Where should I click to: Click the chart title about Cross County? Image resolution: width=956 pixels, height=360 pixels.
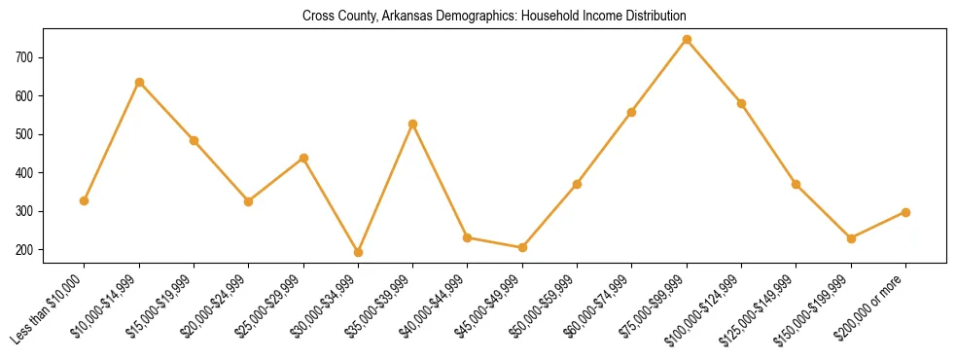pyautogui.click(x=494, y=16)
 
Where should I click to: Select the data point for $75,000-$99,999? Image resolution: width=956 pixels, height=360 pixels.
pyautogui.click(x=687, y=40)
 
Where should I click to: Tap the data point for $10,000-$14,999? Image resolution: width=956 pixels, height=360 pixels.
pyautogui.click(x=139, y=83)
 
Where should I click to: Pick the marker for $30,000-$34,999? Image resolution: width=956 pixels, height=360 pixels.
pyautogui.click(x=358, y=253)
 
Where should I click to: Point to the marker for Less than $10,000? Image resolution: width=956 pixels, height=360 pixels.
pyautogui.click(x=85, y=200)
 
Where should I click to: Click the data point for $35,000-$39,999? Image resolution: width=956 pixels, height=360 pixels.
pyautogui.click(x=412, y=124)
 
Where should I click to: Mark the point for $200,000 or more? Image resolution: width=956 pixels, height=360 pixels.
pyautogui.click(x=905, y=212)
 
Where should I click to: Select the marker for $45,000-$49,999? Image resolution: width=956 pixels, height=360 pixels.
pyautogui.click(x=522, y=247)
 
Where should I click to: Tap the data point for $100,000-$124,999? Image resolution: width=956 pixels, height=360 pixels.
pyautogui.click(x=741, y=103)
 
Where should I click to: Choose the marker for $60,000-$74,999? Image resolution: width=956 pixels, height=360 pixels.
pyautogui.click(x=632, y=112)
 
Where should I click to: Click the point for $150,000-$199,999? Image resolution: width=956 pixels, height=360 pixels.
pyautogui.click(x=851, y=238)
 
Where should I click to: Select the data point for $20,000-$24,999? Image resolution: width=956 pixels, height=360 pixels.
pyautogui.click(x=248, y=201)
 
